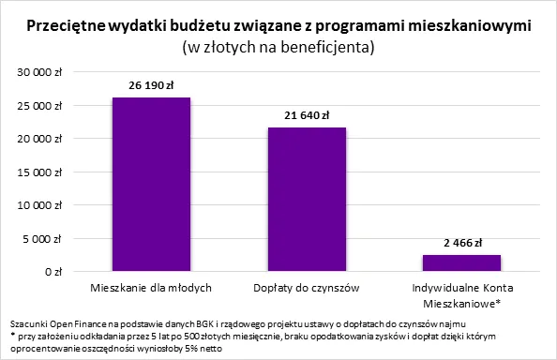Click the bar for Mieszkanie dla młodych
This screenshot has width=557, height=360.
coord(151,184)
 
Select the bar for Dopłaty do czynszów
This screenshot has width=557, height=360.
coord(307,199)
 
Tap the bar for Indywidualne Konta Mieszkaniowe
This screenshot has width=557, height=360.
coord(461,262)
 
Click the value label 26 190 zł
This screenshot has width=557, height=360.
coord(151,85)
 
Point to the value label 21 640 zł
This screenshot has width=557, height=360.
coord(307,115)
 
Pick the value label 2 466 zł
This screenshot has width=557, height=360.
coord(461,243)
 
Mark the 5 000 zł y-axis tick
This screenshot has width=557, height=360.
coord(43,238)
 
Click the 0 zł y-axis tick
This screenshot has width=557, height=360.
coord(51,272)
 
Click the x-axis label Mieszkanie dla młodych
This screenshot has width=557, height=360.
coord(151,286)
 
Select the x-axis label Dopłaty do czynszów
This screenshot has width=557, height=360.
coord(307,286)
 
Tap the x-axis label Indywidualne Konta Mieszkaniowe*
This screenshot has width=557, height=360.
coord(461,293)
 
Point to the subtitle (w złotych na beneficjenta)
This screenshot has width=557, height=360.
coord(278,46)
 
